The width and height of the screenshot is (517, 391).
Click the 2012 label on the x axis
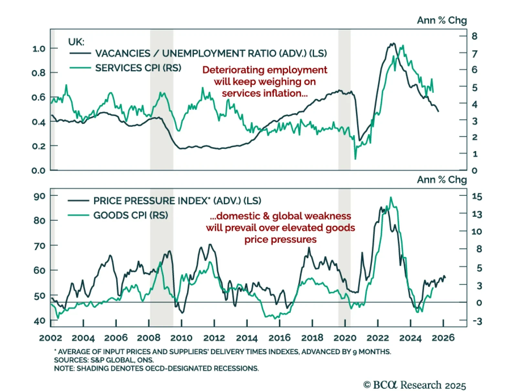tap(214, 338)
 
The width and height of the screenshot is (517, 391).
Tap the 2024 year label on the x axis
tap(410, 338)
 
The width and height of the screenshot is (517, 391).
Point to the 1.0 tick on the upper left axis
tap(39, 49)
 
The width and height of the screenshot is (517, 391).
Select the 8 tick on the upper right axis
tap(474, 36)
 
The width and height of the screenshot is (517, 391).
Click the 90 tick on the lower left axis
tap(39, 196)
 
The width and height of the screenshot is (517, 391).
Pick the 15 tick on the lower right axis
tap(477, 196)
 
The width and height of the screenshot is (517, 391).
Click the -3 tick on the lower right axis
tap(477, 321)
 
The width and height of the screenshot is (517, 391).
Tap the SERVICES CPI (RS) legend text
tap(138, 68)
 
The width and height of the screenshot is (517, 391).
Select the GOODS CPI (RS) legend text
tap(131, 215)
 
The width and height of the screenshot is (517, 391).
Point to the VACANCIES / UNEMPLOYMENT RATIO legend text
tap(211, 53)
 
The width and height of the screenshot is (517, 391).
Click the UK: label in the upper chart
tap(76, 42)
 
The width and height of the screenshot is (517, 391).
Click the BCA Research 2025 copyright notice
tap(415, 385)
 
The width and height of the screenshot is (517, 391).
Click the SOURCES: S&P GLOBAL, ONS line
tap(104, 360)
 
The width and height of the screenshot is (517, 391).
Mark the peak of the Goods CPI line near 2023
tap(391, 197)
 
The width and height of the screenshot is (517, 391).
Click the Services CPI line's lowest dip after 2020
tap(355, 159)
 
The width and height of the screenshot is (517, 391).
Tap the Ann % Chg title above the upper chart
tap(441, 20)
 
